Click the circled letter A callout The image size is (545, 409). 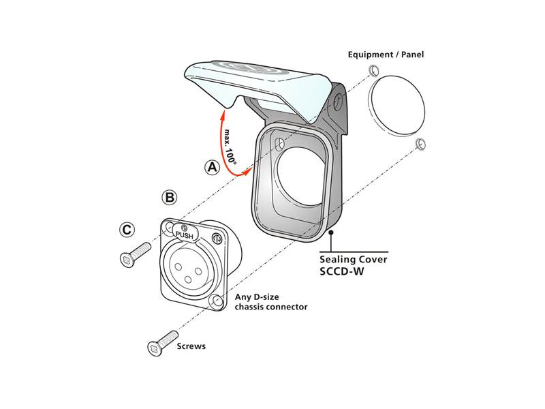[x=213, y=166]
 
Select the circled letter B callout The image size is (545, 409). [x=170, y=198]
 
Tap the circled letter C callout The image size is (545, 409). [x=127, y=230]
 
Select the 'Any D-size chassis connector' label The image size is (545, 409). [x=271, y=301]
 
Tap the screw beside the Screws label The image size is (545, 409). [x=161, y=344]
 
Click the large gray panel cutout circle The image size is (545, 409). [x=396, y=106]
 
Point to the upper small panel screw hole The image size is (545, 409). [x=373, y=72]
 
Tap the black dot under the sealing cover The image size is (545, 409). [x=330, y=233]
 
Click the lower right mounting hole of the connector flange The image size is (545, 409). [x=217, y=301]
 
